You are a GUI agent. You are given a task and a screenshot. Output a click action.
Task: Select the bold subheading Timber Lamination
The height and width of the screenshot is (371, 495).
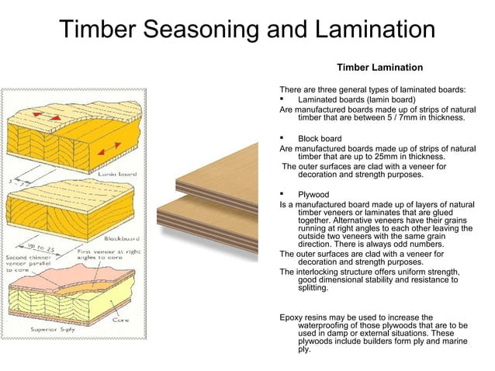click(x=379, y=68)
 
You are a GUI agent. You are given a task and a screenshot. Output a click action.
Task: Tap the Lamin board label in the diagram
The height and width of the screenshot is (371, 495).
click(x=116, y=175)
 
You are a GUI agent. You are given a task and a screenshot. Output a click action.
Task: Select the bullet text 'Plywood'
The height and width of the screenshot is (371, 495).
click(x=313, y=195)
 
